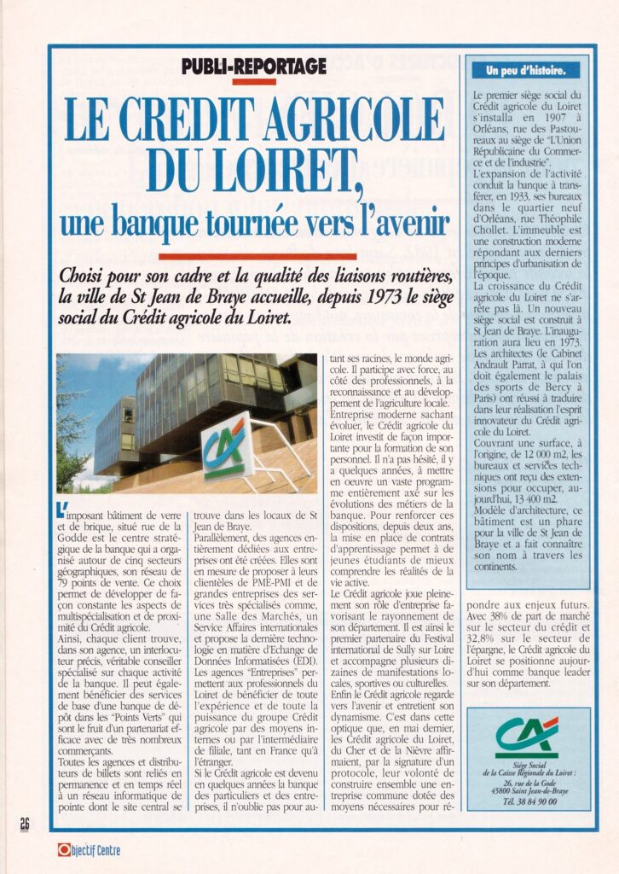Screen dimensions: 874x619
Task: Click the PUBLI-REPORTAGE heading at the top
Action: [254, 66]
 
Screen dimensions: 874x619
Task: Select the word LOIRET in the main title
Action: [263, 171]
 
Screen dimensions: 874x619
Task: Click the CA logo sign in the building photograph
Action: [226, 448]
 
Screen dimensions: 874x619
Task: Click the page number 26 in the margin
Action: [24, 823]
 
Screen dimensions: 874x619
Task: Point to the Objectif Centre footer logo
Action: [90, 850]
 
